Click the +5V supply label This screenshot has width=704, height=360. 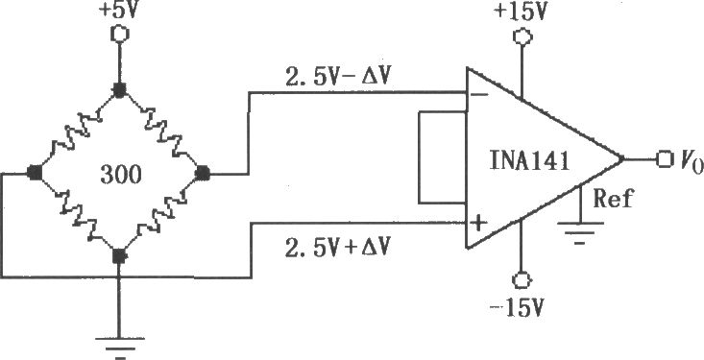click(x=119, y=10)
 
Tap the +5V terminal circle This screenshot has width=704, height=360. click(x=119, y=35)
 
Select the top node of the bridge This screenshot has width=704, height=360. click(x=118, y=90)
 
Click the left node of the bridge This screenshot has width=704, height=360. click(x=35, y=173)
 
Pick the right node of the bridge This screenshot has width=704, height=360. click(x=203, y=173)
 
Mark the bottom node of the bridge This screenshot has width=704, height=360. click(x=118, y=256)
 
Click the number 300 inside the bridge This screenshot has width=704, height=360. click(x=120, y=175)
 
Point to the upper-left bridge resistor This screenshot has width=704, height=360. click(x=76, y=132)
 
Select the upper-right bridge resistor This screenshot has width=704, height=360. click(x=160, y=132)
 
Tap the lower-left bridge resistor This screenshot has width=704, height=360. click(x=76, y=214)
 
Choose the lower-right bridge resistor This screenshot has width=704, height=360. click(x=160, y=215)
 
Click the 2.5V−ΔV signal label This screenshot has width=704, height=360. click(x=338, y=78)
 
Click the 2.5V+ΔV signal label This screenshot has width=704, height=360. click(x=338, y=248)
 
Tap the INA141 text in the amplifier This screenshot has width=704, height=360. click(x=529, y=161)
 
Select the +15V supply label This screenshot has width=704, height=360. click(x=521, y=12)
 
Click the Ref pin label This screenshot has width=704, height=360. click(x=613, y=199)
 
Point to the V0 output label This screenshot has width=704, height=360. click(x=690, y=161)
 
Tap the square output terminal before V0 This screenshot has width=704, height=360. click(x=664, y=159)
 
